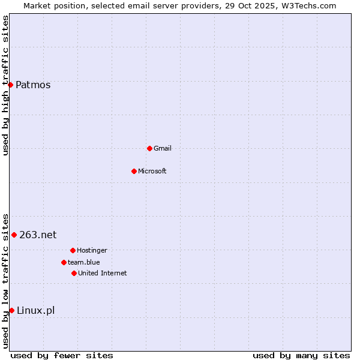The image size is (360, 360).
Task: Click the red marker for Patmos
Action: (10, 85)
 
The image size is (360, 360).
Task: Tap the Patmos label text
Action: (33, 85)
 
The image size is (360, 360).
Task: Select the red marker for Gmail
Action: (149, 148)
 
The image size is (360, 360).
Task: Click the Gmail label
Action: (163, 149)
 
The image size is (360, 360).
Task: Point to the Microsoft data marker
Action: (134, 171)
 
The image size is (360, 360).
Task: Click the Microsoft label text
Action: (152, 172)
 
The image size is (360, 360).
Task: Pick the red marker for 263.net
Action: (14, 235)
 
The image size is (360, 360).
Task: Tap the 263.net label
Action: (38, 235)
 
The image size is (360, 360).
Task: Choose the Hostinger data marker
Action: (73, 250)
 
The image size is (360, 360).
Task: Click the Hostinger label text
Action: (92, 251)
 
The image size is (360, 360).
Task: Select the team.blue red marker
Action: (64, 262)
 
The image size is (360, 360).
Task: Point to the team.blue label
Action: (84, 263)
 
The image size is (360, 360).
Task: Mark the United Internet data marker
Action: (74, 273)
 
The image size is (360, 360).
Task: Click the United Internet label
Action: (103, 274)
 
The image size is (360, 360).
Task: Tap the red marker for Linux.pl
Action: (11, 310)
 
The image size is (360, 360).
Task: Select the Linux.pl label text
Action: (35, 311)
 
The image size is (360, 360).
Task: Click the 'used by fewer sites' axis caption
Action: (62, 356)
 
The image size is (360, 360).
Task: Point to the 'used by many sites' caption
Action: (301, 356)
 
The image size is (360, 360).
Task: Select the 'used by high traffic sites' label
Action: (5, 85)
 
